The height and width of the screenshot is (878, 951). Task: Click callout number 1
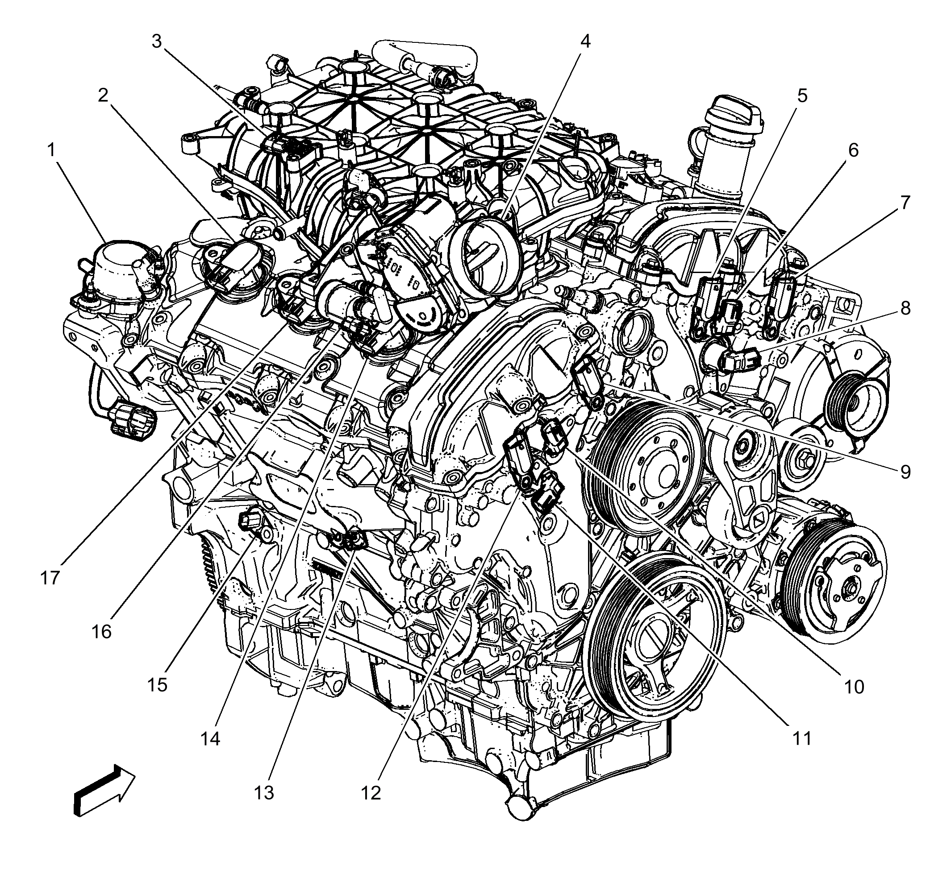50,151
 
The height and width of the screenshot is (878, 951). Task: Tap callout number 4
585,42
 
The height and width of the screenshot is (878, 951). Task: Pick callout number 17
50,578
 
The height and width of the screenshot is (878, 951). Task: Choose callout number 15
158,685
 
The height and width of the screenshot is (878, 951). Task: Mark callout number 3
156,42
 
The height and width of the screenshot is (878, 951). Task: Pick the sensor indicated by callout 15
250,522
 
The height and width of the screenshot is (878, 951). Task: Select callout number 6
853,151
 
